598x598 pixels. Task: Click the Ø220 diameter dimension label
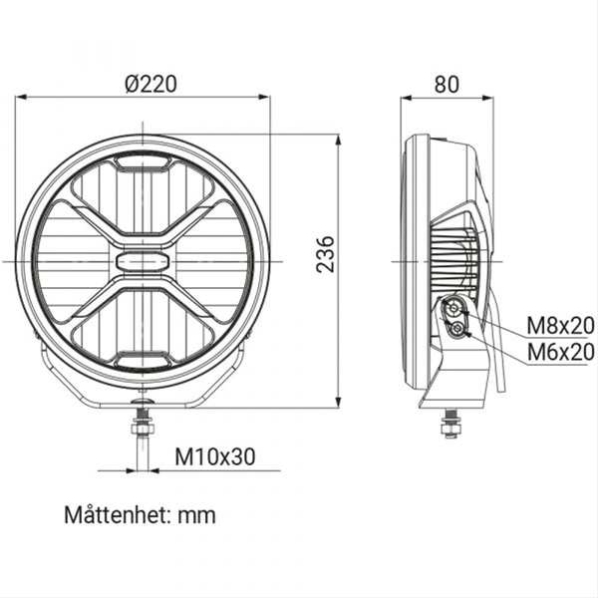tap(151, 84)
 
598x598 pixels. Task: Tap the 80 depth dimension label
tap(447, 85)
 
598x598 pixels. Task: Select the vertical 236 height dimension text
tap(325, 254)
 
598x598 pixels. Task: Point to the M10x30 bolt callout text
tap(215, 456)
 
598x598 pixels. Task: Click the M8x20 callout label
tap(560, 326)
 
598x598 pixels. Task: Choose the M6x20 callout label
tap(560, 352)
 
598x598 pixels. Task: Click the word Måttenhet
tap(118, 515)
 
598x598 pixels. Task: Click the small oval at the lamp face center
tap(143, 261)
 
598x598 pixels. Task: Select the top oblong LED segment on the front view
tap(143, 162)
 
